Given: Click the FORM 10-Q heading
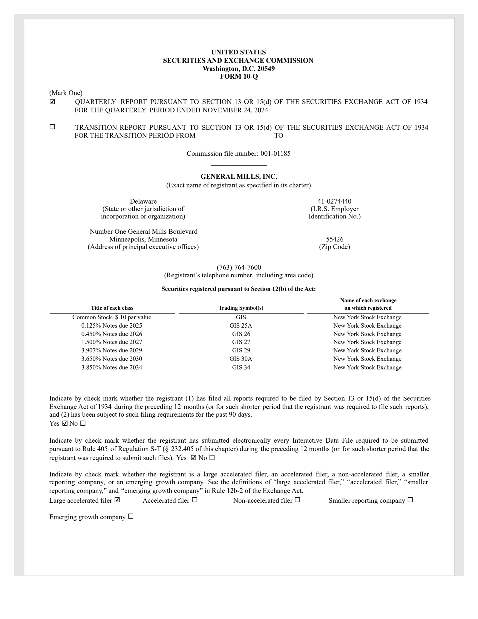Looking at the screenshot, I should (x=239, y=77).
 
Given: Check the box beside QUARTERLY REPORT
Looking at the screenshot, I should (x=53, y=102).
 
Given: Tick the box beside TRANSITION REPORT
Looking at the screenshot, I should (x=53, y=127).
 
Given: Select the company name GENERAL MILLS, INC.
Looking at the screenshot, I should (x=239, y=177).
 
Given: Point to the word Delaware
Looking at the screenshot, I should (x=143, y=201).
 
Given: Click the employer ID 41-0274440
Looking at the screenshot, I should (x=334, y=201).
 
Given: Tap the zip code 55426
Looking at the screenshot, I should (x=334, y=239).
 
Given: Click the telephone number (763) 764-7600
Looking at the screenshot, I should (x=239, y=267).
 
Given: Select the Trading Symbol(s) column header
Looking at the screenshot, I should (x=241, y=308).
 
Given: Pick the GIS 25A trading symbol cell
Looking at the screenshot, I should (x=241, y=325).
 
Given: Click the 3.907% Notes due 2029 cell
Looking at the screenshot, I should (x=112, y=350).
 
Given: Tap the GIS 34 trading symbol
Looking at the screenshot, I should (x=241, y=367).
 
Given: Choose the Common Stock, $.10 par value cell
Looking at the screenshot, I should (x=112, y=317).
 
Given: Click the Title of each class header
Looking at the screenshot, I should (x=112, y=308).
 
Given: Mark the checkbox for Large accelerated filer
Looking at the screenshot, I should (x=117, y=500).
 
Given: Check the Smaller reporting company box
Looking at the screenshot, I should (x=410, y=500).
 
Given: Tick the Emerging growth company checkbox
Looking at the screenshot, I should (x=131, y=516).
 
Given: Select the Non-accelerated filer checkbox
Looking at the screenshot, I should (x=297, y=500).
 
